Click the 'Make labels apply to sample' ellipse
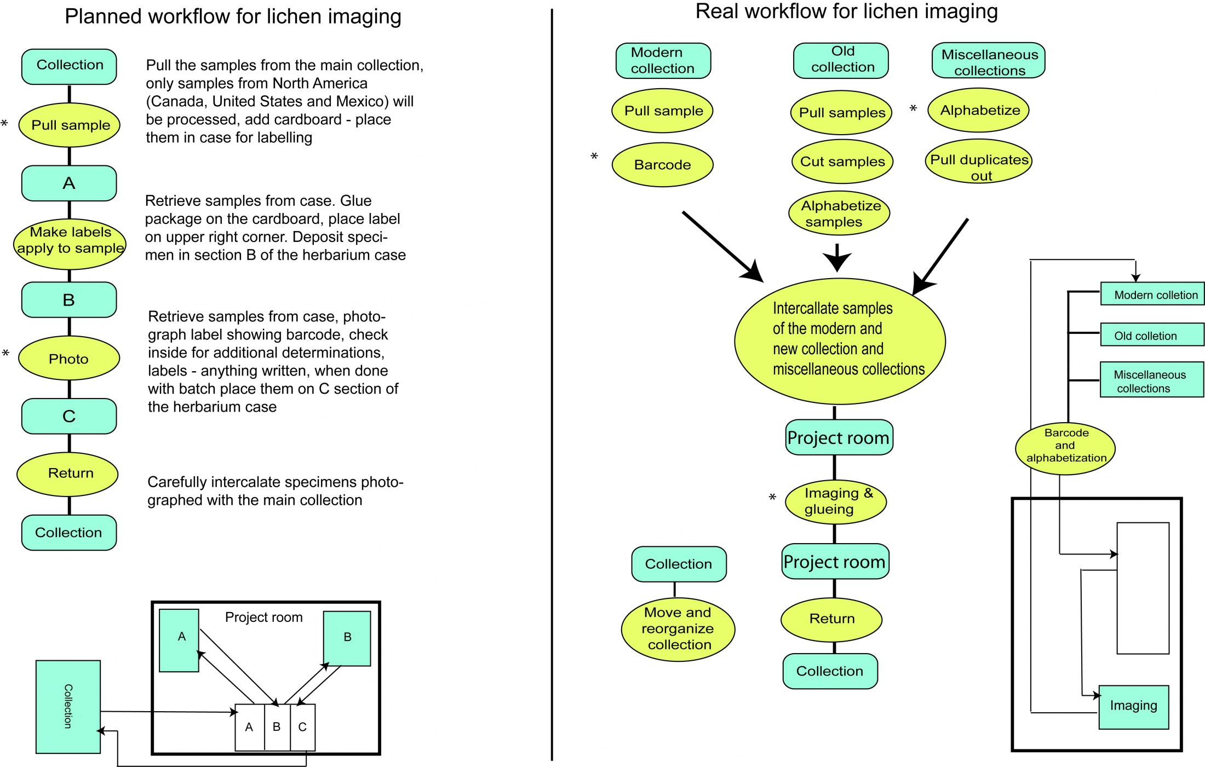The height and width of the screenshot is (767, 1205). coord(70,241)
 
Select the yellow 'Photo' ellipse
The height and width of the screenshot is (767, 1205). coord(69,359)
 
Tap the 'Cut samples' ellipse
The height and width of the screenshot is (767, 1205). coord(842,162)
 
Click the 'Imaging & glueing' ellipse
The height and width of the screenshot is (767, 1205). coord(836,501)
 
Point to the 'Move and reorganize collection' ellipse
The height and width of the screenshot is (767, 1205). coord(678,628)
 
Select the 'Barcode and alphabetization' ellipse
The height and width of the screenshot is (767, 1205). coord(1065,446)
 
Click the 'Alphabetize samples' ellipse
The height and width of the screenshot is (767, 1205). coord(839,214)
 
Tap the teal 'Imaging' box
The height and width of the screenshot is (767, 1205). coord(1133,706)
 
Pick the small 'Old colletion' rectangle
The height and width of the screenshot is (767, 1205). coord(1152,335)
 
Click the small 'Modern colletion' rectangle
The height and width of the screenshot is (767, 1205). coord(1152,294)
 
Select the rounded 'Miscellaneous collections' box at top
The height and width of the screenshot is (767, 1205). coord(989,61)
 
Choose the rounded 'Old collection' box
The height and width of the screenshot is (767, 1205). coord(841,60)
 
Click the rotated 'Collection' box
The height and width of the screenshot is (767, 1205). coord(68,706)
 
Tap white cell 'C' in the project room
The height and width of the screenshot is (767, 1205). coord(302,727)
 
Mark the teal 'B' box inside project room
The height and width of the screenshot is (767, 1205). coord(347,638)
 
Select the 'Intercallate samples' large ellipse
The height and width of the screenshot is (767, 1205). coord(840,341)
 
